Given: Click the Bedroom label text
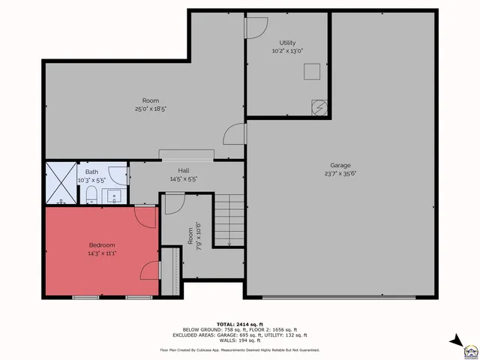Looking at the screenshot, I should [102, 245].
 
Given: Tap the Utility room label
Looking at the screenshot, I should [288, 43].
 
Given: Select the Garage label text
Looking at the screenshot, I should [340, 166].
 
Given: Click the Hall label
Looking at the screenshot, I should [183, 171].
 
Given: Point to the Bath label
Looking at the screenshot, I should [91, 172].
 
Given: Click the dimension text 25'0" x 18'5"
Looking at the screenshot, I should [150, 109].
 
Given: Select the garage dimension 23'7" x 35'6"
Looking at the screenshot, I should [340, 174].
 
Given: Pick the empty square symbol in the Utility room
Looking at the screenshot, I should [312, 71].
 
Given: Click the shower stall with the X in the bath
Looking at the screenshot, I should [61, 183].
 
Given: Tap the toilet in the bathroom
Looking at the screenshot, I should [90, 196].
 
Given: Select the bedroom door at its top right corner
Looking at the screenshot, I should [145, 216].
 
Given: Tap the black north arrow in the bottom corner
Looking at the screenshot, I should [455, 341].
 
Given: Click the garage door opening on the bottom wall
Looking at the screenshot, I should [338, 298].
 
